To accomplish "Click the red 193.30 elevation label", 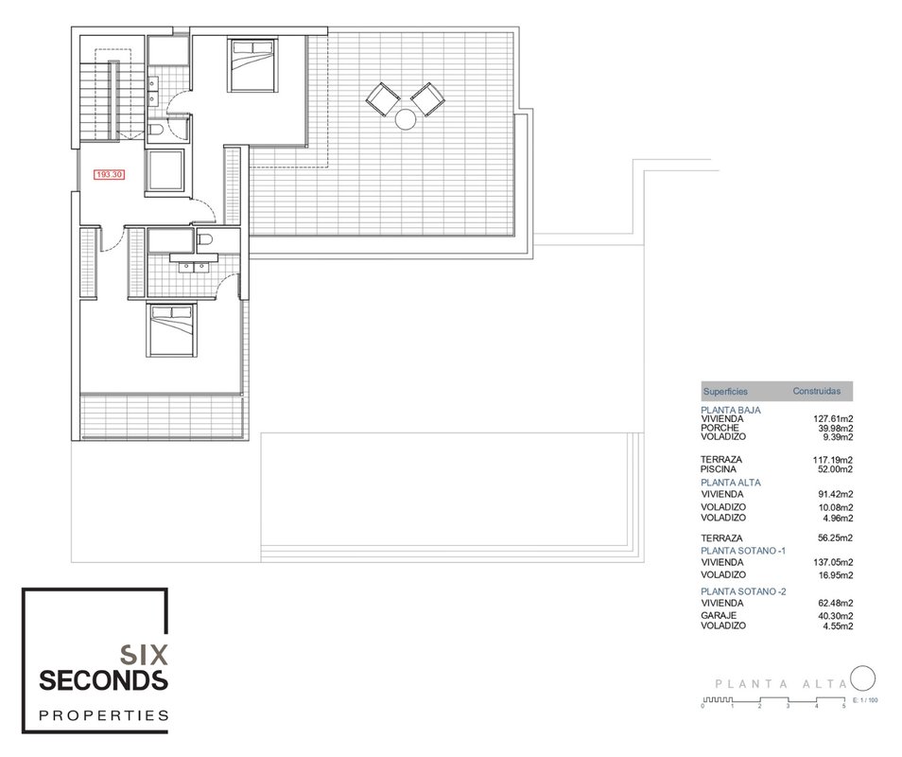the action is click(110, 174).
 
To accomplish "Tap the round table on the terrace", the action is click(406, 119).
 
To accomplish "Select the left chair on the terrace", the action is click(383, 99).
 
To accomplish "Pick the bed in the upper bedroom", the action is click(252, 65).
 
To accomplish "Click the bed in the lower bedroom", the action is click(171, 330).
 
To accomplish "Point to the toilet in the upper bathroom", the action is click(156, 132).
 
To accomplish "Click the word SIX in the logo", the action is click(143, 655).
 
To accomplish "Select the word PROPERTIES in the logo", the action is click(104, 715).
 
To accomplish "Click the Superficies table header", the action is click(725, 392).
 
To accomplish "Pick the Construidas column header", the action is click(816, 391).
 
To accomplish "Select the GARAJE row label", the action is click(719, 615).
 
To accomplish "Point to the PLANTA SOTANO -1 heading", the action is click(743, 551).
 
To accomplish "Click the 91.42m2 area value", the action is click(835, 495).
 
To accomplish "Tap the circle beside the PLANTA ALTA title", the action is click(863, 678).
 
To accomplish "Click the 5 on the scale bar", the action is click(844, 706).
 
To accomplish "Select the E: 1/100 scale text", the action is click(866, 700).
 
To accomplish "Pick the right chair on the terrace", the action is click(427, 99).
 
